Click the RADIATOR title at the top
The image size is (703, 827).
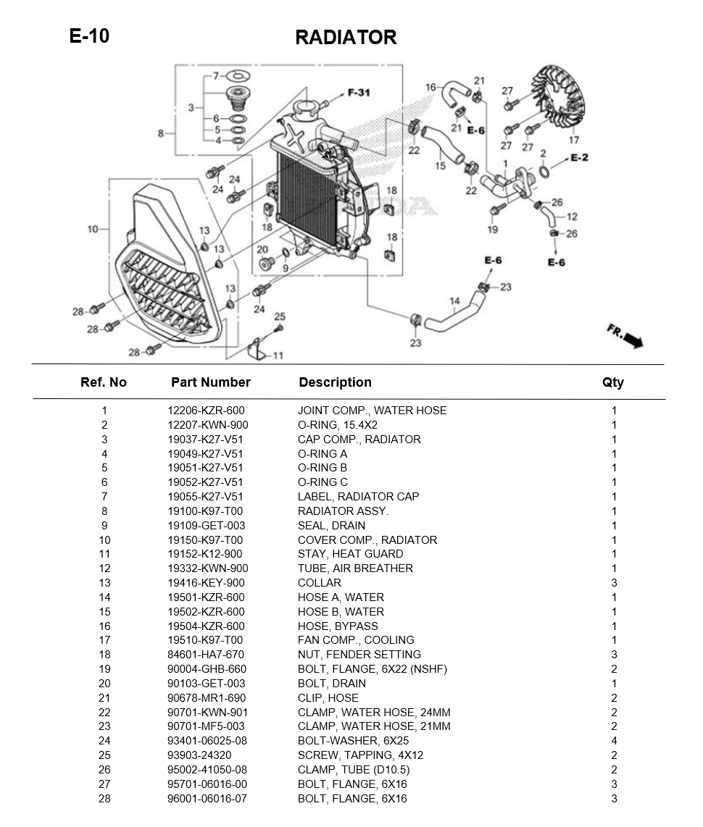[x=346, y=38]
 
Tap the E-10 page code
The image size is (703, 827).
[x=89, y=35]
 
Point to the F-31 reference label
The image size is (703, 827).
[x=359, y=93]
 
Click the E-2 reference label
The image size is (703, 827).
[x=579, y=158]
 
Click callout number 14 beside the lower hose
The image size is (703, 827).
[x=454, y=301]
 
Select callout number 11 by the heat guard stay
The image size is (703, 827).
[x=278, y=356]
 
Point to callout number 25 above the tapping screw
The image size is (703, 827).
[x=280, y=316]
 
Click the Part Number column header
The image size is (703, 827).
[x=210, y=382]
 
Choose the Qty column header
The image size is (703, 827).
[x=612, y=382]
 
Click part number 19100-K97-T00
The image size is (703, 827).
[x=205, y=511]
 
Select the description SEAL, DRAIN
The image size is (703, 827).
[x=331, y=526]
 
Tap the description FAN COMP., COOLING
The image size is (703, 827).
[x=356, y=640]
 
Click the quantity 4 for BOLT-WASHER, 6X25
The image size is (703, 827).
[x=614, y=741]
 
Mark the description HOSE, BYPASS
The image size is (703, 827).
[x=338, y=626]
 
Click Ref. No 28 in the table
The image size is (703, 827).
[x=105, y=799]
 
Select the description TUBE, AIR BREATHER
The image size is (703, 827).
[x=355, y=568]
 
